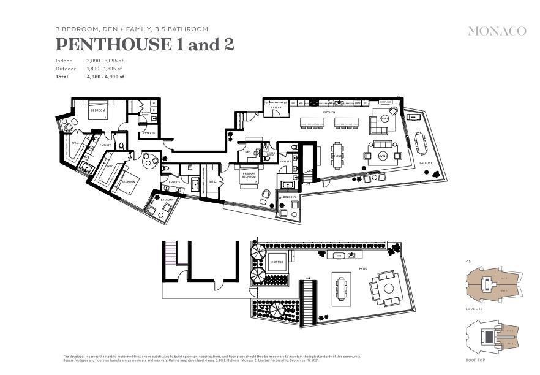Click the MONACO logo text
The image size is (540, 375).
tap(497, 31)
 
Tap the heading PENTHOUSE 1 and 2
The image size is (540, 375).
tap(144, 45)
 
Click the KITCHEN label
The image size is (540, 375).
tap(329, 112)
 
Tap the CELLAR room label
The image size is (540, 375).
tap(276, 108)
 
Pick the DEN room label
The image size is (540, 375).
tap(248, 151)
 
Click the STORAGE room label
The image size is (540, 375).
tap(149, 133)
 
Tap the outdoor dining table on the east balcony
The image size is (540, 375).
tap(421, 144)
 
